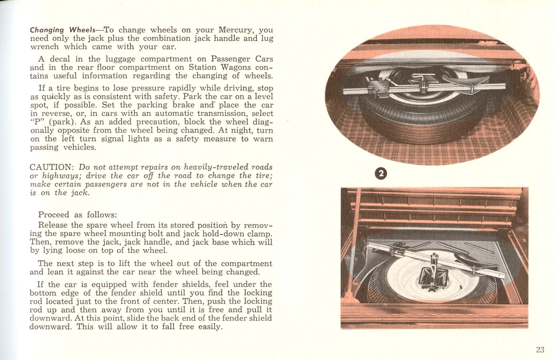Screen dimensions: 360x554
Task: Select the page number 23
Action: pos(540,350)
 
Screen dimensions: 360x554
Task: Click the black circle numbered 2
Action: pos(381,173)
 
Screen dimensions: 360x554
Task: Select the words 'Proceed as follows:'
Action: pos(78,215)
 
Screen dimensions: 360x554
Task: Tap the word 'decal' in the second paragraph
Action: pos(60,59)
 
